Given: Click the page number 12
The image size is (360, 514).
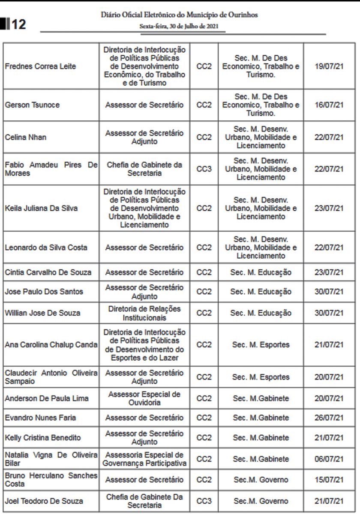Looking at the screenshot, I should tap(18, 24).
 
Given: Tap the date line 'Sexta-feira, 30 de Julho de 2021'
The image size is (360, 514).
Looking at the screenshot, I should tap(179, 26).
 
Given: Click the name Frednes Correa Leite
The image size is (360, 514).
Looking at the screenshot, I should tap(40, 66).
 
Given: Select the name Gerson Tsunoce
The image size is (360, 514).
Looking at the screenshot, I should tap(32, 105).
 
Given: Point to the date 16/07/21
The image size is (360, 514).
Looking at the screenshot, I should tap(329, 105).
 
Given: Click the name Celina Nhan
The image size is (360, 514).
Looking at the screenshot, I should tap(26, 137).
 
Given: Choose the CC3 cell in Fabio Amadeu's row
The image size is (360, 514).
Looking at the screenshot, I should tap(204, 169).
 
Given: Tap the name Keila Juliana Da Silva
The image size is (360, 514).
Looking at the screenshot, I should tap(41, 209).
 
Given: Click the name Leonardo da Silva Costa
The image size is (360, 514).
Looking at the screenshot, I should tap(46, 248).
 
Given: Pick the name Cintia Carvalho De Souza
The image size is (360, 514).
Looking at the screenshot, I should tap(48, 272).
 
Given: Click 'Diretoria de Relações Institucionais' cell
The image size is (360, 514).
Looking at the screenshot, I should tap(144, 313).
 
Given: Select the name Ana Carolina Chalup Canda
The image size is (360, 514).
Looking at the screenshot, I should tap(51, 345).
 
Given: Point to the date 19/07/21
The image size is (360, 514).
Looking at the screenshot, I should tap(329, 66).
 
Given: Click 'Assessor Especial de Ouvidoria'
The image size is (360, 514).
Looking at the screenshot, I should tap(144, 398).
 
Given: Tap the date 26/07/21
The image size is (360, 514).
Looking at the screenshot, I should tap(329, 418).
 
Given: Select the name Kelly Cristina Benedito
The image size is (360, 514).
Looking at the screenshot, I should tap(42, 438).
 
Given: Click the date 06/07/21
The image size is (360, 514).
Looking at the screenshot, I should tap(329, 459).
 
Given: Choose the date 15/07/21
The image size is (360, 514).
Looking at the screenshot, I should tap(329, 480).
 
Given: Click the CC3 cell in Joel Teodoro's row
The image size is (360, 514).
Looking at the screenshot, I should tap(204, 501).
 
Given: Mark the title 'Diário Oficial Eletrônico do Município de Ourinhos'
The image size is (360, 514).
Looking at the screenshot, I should tap(179, 15).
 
